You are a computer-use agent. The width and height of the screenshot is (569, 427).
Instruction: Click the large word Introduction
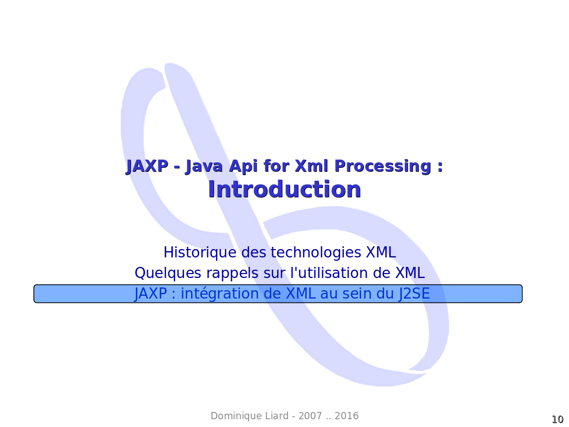(284, 189)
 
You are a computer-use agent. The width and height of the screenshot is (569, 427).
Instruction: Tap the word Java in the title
(204, 166)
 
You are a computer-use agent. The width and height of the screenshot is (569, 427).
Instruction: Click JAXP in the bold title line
(147, 166)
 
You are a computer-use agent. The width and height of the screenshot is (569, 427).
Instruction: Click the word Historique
(200, 252)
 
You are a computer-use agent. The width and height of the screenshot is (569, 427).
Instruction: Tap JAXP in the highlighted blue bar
(151, 294)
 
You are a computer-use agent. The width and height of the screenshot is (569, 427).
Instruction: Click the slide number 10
(558, 419)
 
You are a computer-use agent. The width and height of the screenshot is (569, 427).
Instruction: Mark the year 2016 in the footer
(347, 416)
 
